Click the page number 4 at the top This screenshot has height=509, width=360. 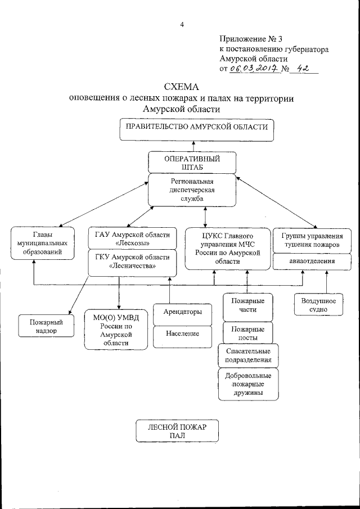[182, 24]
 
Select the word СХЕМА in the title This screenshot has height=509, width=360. [181, 87]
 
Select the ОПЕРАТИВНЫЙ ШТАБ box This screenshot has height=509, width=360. [192, 163]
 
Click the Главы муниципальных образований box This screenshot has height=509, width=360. [43, 243]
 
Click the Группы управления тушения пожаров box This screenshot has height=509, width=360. [309, 240]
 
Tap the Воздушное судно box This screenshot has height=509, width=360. [318, 305]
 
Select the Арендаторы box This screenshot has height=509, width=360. [179, 312]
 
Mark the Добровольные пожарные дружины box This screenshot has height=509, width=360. [247, 384]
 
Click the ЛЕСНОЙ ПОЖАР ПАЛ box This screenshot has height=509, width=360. [177, 431]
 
